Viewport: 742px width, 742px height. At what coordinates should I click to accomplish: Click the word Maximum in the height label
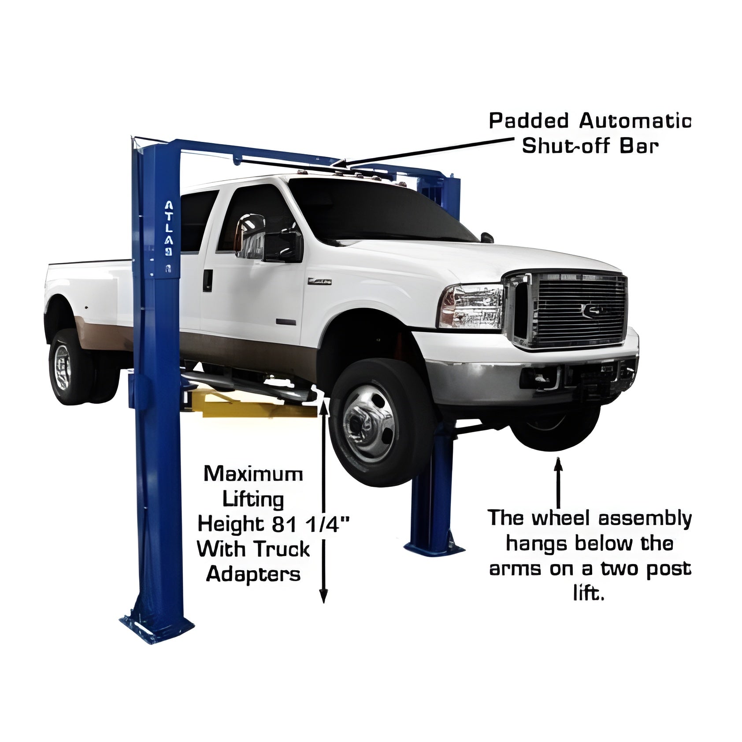click(253, 474)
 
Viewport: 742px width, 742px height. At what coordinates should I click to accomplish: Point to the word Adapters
click(253, 574)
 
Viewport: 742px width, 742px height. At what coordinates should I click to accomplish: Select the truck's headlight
click(471, 307)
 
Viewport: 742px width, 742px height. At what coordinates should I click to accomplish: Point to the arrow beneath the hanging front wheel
click(558, 482)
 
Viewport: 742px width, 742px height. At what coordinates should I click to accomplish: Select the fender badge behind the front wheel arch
click(319, 281)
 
